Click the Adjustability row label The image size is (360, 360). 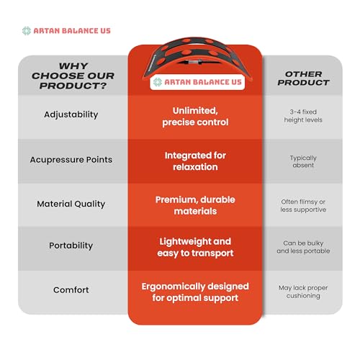click(x=71, y=114)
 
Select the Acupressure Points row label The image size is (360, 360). click(x=71, y=160)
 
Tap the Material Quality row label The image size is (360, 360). click(x=71, y=204)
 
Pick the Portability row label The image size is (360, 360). click(x=71, y=246)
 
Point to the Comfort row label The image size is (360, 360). click(x=71, y=290)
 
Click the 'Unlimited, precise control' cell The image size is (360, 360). click(x=195, y=117)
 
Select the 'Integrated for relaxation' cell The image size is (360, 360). click(x=195, y=161)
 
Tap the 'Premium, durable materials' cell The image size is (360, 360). click(x=195, y=205)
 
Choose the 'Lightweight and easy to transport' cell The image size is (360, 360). click(x=195, y=248)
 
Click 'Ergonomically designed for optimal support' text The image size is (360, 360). click(x=195, y=292)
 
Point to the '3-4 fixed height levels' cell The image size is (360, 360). click(x=303, y=116)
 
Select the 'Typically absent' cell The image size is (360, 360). click(x=303, y=161)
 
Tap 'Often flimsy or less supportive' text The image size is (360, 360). click(x=303, y=206)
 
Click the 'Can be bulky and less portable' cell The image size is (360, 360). click(x=303, y=247)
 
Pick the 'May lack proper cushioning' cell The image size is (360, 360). click(x=303, y=292)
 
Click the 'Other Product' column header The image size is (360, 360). click(x=304, y=78)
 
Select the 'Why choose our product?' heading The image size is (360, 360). click(x=73, y=76)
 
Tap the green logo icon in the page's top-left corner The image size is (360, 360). click(x=27, y=31)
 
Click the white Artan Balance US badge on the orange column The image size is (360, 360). click(x=197, y=82)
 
